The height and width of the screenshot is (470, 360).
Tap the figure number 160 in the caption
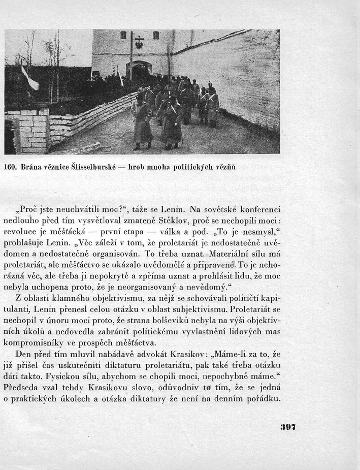pyautogui.click(x=11, y=166)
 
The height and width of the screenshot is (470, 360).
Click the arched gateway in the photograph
pyautogui.click(x=139, y=71)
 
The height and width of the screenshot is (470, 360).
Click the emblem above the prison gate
pyautogui.click(x=139, y=43)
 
